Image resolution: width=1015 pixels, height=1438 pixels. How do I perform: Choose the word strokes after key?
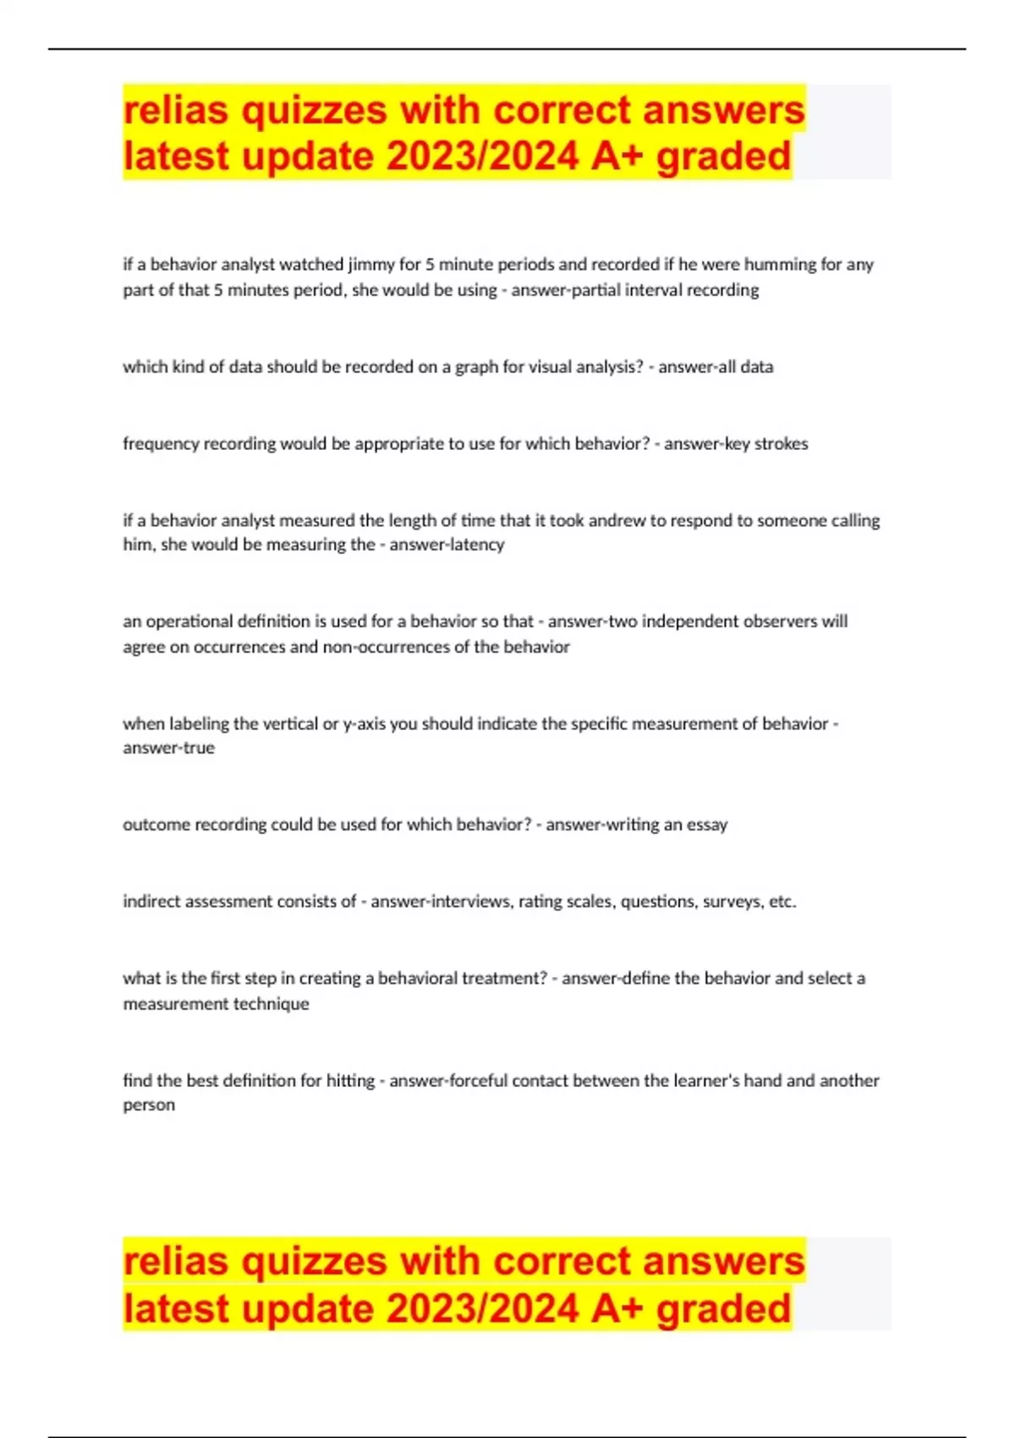(x=781, y=444)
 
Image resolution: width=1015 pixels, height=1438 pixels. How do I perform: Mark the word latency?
(x=475, y=545)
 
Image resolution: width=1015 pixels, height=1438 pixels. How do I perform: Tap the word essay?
(x=707, y=825)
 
